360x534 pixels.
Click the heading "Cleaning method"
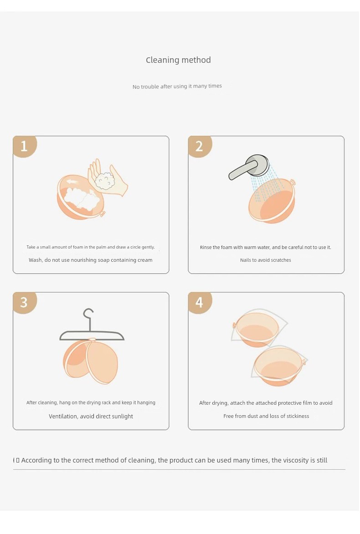point(178,60)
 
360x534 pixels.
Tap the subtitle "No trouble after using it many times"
point(177,86)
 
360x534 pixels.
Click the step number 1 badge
point(25,147)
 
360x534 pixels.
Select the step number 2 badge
point(200,147)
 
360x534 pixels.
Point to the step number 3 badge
point(25,302)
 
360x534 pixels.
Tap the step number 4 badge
point(200,302)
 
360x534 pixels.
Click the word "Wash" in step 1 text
point(36,260)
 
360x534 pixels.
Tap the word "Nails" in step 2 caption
point(246,260)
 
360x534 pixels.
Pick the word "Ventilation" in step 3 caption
point(63,417)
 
